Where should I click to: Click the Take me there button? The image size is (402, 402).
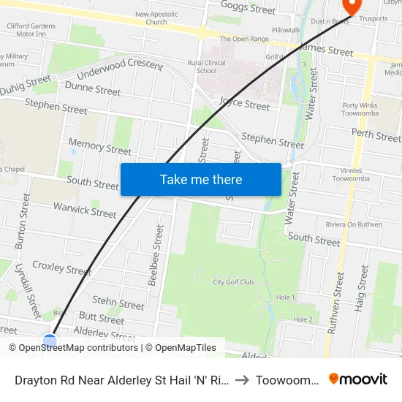click(201, 179)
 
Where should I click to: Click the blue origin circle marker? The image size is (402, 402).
click(49, 341)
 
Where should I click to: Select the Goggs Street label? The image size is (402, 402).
click(252, 10)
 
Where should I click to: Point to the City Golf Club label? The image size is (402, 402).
click(233, 282)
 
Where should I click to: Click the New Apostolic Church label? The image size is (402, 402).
click(156, 18)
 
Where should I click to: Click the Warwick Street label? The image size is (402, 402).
click(85, 211)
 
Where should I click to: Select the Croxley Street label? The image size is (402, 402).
click(62, 268)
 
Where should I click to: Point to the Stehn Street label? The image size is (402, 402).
click(118, 303)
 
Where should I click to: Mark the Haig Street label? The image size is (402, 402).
click(362, 289)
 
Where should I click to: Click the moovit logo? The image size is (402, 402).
click(358, 379)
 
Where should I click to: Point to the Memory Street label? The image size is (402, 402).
click(99, 147)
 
